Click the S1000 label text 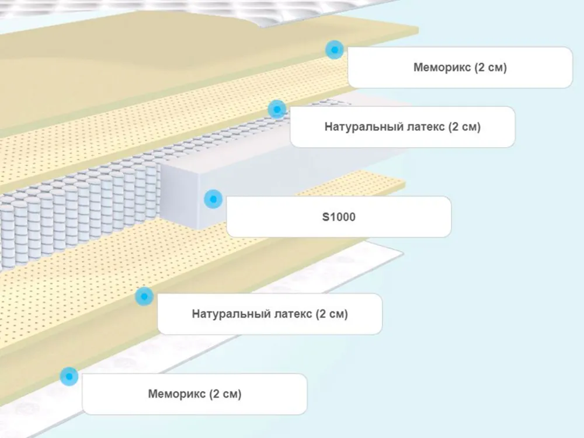[339, 217]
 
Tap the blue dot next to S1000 [213, 199]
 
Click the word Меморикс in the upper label [442, 68]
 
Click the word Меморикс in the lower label [177, 394]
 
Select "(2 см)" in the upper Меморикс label [491, 68]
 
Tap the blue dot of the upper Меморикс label [334, 50]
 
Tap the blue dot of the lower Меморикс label [69, 377]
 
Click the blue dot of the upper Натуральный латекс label [277, 109]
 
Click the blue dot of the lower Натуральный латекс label [144, 296]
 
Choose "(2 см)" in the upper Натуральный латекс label [465, 127]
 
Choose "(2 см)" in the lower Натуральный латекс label [332, 314]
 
